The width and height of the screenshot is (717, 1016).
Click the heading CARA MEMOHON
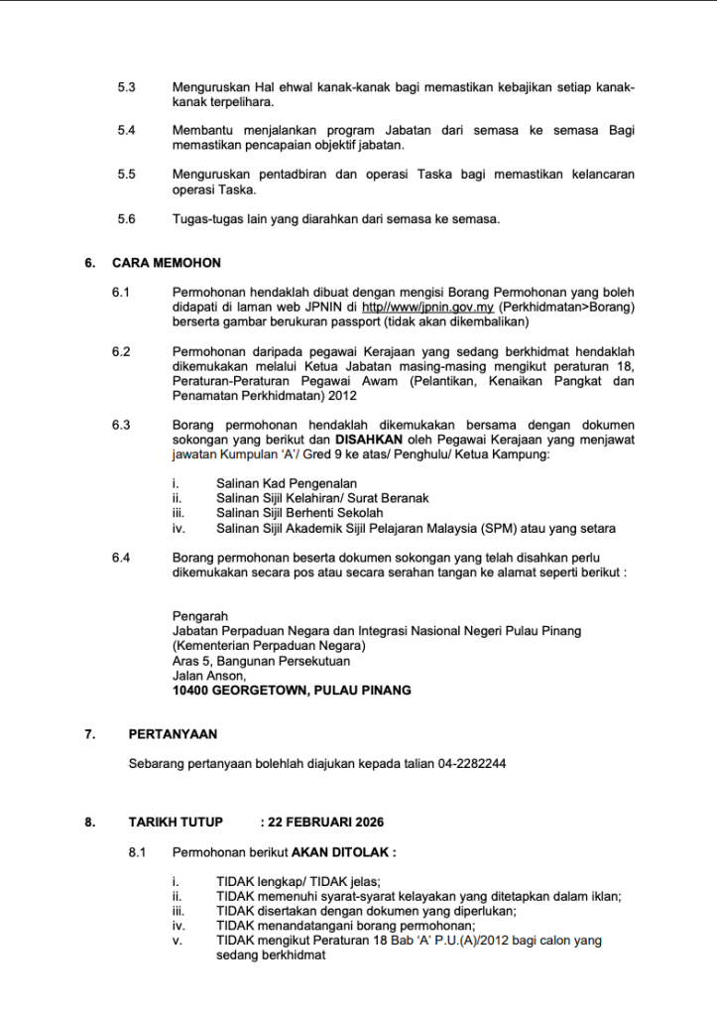tap(167, 263)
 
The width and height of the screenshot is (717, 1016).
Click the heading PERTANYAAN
tap(173, 734)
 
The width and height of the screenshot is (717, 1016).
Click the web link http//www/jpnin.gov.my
tap(431, 308)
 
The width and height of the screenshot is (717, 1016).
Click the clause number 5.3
tap(126, 88)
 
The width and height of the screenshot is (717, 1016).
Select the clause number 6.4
tap(122, 559)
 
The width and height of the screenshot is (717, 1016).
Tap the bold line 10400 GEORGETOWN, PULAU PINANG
tap(292, 690)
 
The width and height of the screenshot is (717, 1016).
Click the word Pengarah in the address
tap(199, 615)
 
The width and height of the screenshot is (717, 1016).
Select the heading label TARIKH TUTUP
tap(176, 823)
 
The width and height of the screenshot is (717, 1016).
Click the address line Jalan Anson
tap(202, 675)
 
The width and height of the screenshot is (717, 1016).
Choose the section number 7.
tap(90, 734)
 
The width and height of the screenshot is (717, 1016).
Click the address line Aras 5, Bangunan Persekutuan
tap(261, 660)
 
